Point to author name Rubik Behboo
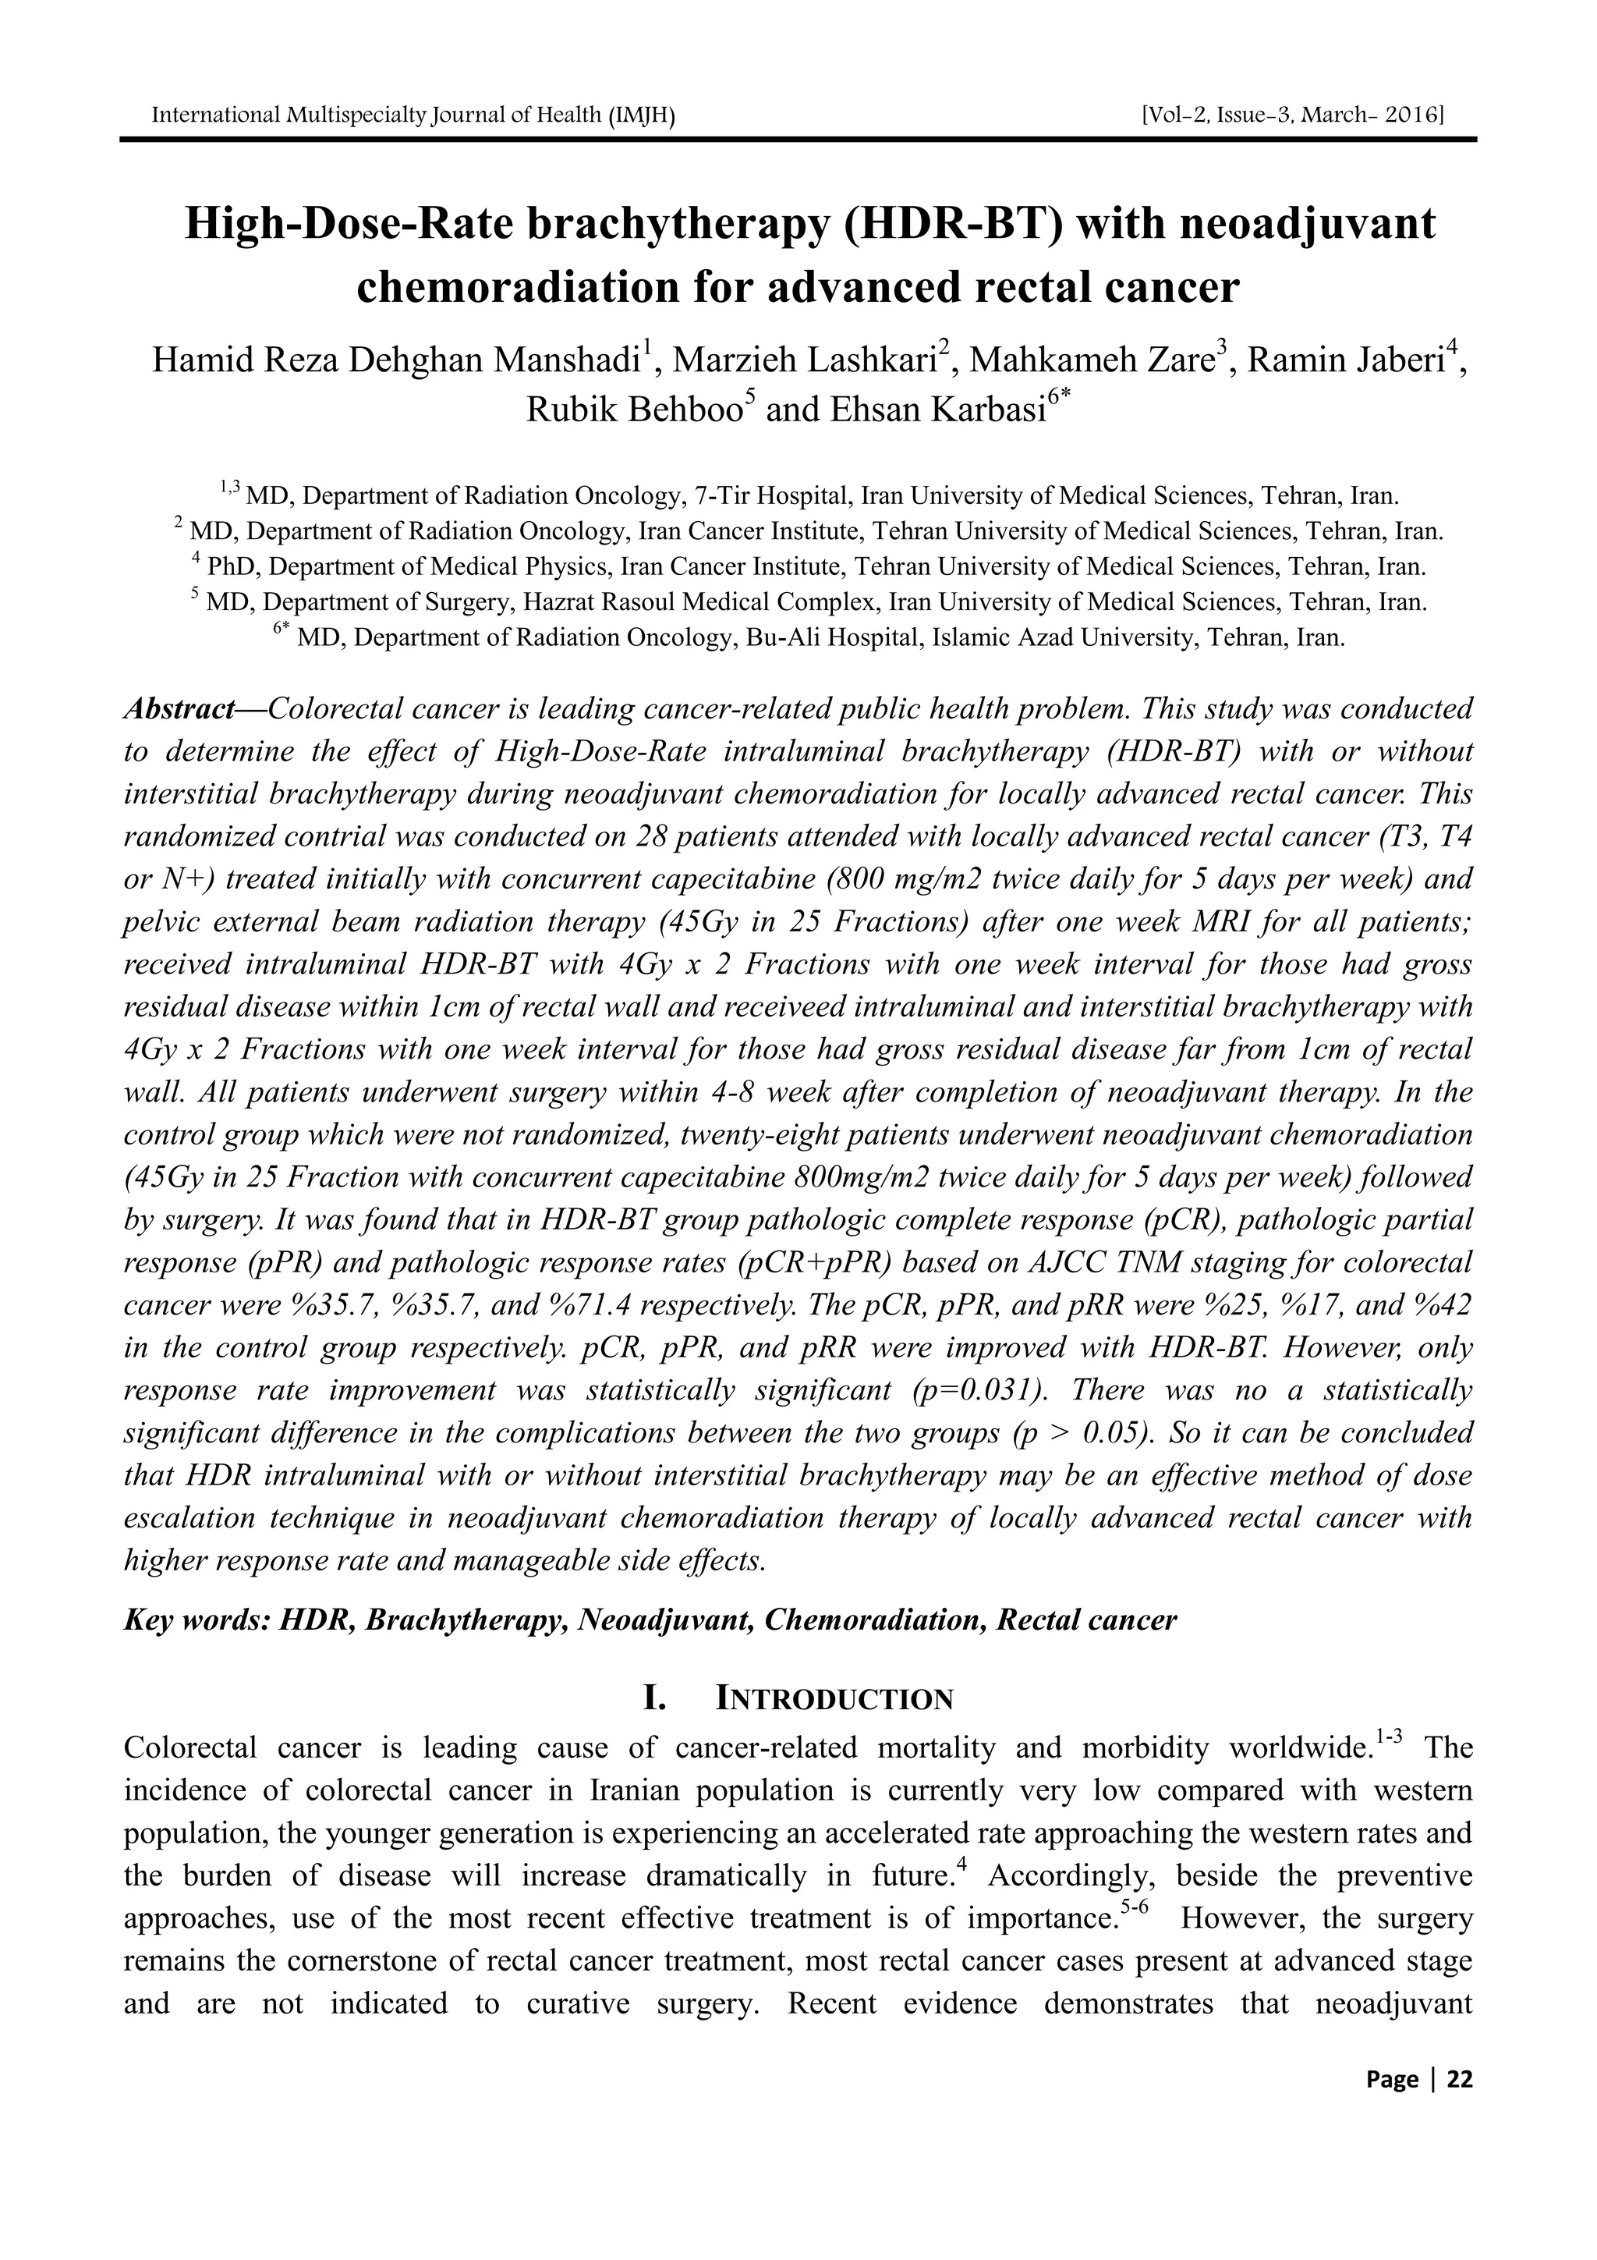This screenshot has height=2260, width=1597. (634, 409)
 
